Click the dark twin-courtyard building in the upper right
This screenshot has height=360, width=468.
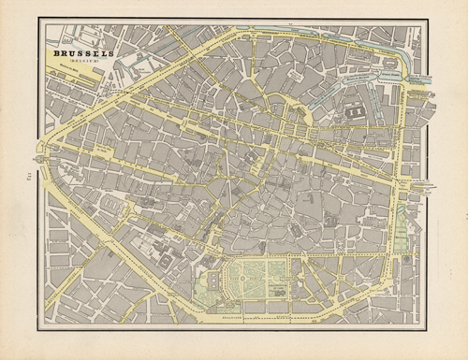click(356, 113)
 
